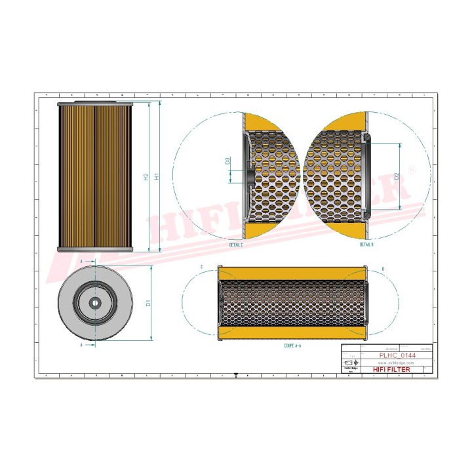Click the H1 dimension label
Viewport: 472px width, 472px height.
(156, 177)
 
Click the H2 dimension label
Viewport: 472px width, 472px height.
(146, 177)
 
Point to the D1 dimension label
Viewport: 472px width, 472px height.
(149, 303)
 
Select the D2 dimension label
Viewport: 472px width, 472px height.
(397, 176)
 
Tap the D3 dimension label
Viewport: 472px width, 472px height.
(227, 161)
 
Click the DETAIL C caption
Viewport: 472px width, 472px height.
(236, 245)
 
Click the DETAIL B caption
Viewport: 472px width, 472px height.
(366, 245)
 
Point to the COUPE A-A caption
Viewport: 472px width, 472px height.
(293, 345)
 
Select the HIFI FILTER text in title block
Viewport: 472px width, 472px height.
(391, 370)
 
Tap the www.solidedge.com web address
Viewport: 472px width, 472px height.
(396, 363)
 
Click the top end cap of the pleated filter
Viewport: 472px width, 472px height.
(95, 104)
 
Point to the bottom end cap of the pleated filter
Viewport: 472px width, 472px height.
(95, 250)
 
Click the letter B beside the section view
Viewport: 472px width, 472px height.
(382, 268)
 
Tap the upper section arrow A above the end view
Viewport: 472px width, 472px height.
(81, 261)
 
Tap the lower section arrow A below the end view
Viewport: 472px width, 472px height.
(81, 344)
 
